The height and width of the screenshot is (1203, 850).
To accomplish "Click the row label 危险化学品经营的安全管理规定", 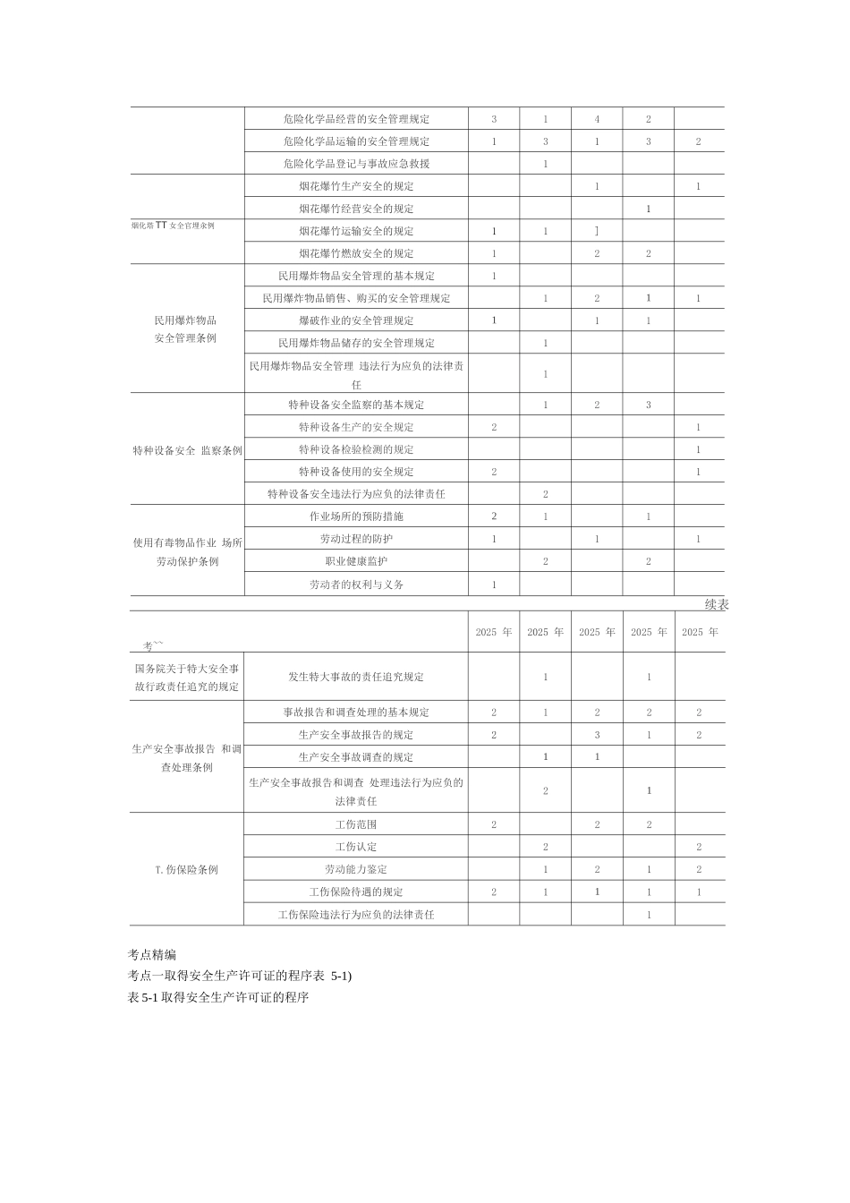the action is (x=356, y=119).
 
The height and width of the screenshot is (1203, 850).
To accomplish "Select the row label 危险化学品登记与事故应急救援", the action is (x=356, y=164).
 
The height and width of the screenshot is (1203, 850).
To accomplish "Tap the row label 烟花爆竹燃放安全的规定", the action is (x=356, y=253).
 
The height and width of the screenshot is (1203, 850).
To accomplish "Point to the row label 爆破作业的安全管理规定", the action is (x=356, y=320).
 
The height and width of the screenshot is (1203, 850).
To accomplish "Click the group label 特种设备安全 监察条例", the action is (x=187, y=450).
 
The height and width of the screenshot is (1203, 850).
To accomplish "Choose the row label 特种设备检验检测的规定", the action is (x=356, y=449).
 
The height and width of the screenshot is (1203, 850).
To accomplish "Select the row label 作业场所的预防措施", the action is (x=356, y=516).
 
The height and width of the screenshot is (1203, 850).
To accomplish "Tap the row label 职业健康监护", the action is (x=356, y=561).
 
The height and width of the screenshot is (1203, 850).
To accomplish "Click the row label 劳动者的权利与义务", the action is (x=356, y=584).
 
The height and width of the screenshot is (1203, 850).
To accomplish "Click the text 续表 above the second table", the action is (x=717, y=605).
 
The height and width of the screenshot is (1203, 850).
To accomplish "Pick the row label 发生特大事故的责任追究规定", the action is (x=356, y=677).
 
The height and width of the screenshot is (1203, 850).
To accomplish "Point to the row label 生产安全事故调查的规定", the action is (x=356, y=757).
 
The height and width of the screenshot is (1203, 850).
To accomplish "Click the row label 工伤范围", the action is (x=356, y=824).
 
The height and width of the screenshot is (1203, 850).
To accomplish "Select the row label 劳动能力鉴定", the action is (x=356, y=869).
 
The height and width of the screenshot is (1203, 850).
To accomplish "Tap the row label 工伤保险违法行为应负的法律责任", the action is (x=356, y=915).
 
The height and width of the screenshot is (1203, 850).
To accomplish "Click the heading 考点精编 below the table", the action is (x=152, y=955).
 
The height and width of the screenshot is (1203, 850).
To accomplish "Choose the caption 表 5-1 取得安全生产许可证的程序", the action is (x=218, y=997).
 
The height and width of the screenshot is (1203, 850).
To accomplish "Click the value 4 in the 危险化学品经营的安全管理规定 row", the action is (x=597, y=119).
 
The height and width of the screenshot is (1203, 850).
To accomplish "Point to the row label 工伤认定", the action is (x=356, y=847).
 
